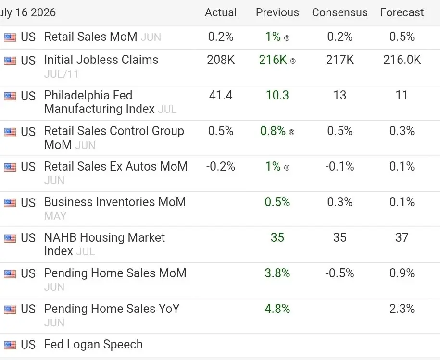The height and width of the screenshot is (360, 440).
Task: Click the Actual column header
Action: [221, 12]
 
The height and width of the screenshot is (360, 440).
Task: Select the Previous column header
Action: [277, 12]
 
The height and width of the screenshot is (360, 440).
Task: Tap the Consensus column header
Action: [339, 12]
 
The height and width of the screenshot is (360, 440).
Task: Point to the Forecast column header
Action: [402, 12]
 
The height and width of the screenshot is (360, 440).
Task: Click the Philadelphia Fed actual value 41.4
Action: [221, 95]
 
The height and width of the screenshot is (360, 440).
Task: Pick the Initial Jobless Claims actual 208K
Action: [221, 60]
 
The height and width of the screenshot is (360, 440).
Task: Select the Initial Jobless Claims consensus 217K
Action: [340, 60]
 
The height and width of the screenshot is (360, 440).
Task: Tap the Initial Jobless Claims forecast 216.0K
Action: [402, 60]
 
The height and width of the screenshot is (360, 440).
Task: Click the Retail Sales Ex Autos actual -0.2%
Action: [221, 166]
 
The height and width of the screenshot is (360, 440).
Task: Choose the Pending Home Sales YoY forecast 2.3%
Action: [402, 309]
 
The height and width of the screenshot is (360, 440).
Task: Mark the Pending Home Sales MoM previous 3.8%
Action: [277, 273]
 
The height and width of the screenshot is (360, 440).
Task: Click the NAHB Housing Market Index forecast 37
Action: [402, 237]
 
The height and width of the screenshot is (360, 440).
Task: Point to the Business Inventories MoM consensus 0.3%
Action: [340, 202]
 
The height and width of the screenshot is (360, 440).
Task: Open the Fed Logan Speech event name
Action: [93, 344]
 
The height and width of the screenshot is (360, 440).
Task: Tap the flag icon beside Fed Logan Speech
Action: [10, 345]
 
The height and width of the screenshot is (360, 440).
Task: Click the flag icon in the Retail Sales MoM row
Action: [10, 37]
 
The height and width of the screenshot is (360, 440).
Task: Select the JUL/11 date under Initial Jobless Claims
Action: [61, 74]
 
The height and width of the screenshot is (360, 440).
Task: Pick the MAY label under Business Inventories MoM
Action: [55, 216]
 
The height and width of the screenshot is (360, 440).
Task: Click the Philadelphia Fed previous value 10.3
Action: [277, 95]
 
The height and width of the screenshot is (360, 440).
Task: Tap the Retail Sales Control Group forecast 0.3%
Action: [402, 131]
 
